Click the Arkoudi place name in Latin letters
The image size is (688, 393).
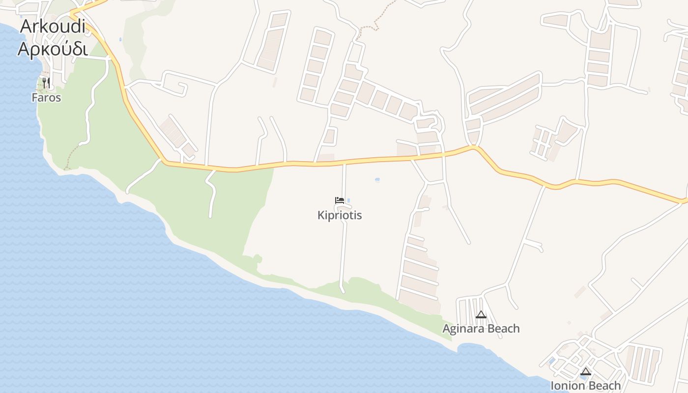(x=53, y=27)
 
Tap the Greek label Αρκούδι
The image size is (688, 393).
(x=53, y=49)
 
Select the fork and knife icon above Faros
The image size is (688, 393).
(x=46, y=83)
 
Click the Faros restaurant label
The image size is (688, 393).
(x=46, y=98)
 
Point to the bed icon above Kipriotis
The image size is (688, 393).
(x=339, y=200)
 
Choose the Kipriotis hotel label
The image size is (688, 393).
(x=340, y=215)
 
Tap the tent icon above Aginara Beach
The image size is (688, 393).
(x=481, y=314)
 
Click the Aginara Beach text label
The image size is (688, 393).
(x=481, y=329)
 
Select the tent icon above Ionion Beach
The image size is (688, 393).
(x=585, y=371)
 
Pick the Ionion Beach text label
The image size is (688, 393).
(x=585, y=386)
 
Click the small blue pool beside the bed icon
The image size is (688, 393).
(x=348, y=200)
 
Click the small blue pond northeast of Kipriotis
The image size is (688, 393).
(x=377, y=180)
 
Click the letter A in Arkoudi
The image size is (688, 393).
(x=26, y=27)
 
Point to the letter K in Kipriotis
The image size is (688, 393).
(x=321, y=215)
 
